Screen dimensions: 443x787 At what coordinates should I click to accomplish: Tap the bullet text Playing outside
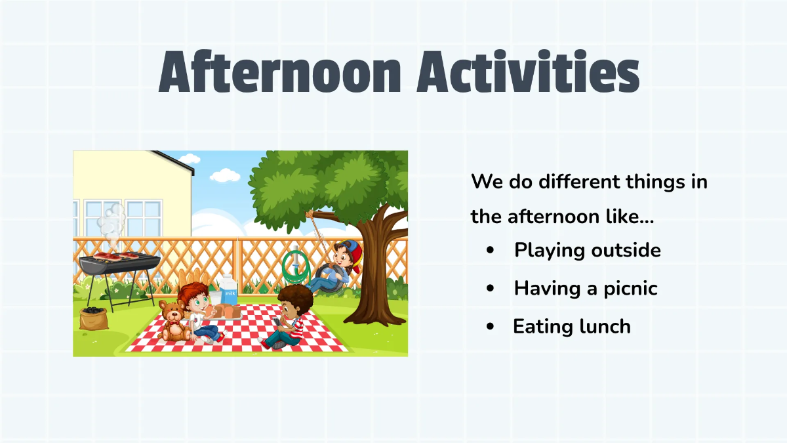point(587,250)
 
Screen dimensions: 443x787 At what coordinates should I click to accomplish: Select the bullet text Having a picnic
point(585,288)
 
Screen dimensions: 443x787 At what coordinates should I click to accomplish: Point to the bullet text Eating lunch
point(571,326)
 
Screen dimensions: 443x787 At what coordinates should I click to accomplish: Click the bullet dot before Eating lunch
point(491,327)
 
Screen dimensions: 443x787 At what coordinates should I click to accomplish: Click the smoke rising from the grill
point(111,220)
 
